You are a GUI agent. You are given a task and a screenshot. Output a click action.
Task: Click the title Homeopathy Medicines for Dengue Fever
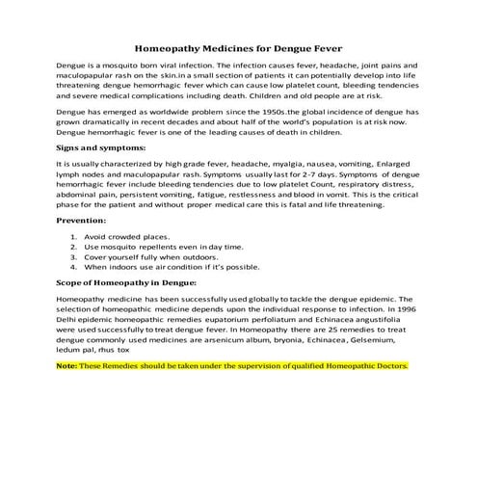(238, 45)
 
